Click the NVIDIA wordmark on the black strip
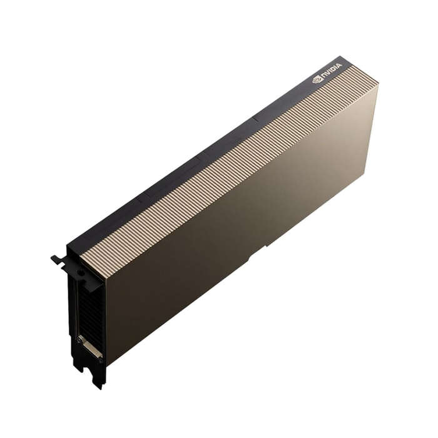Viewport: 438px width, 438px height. [x=331, y=71]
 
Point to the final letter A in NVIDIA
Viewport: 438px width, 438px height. [x=339, y=66]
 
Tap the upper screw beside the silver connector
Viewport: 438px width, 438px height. [x=79, y=340]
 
